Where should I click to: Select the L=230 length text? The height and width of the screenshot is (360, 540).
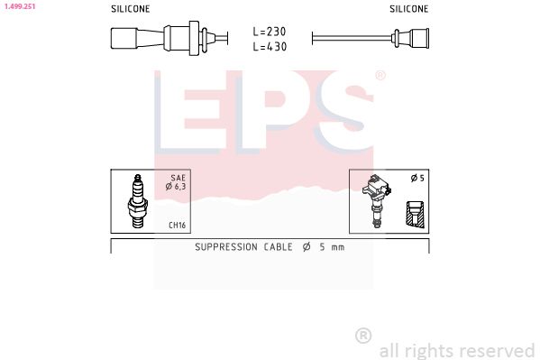(270, 31)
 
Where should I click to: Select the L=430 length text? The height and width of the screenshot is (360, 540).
(270, 46)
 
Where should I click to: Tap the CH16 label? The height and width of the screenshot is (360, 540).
(177, 226)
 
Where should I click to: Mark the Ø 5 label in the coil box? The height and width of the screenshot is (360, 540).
(416, 179)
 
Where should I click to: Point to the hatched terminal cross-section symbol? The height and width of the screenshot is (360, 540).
(415, 215)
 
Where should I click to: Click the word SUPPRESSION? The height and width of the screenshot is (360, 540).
(225, 246)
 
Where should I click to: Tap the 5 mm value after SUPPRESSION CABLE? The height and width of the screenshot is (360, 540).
(331, 246)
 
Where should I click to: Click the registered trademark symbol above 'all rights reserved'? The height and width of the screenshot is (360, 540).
(363, 336)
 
